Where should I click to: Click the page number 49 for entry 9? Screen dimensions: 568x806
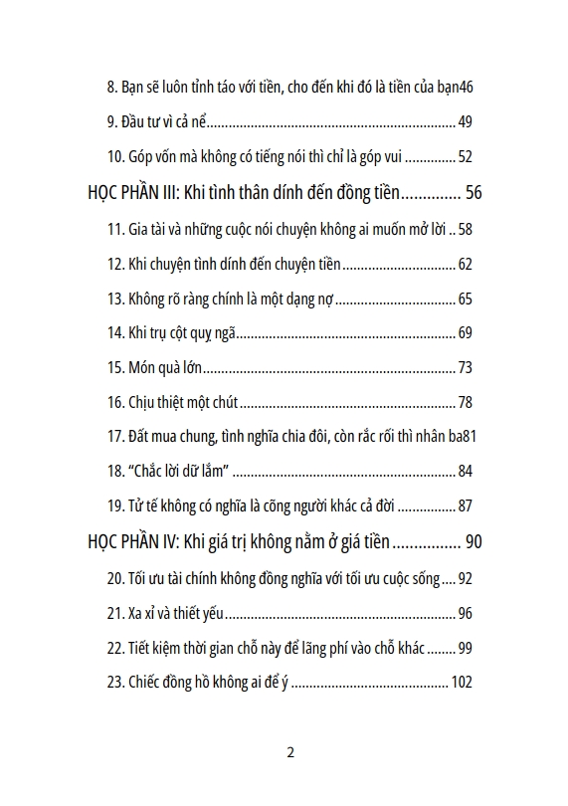[x=465, y=123]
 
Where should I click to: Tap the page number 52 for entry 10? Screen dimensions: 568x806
[x=465, y=157]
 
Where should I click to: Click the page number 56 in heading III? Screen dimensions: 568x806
[x=473, y=192]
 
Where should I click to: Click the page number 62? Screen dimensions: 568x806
[x=465, y=265]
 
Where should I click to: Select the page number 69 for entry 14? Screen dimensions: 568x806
[x=465, y=333]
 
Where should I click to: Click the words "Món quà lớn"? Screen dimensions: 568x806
[x=165, y=368]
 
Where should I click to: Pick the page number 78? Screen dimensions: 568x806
[x=465, y=403]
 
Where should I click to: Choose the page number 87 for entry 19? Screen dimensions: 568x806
[x=465, y=506]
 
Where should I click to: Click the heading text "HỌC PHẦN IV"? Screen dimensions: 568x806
[x=132, y=541]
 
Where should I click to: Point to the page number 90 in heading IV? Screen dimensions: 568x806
[x=473, y=541]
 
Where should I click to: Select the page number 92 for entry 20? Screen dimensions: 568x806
[x=465, y=579]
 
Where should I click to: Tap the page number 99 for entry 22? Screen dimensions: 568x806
[x=465, y=648]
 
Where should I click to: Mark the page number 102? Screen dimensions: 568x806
[x=461, y=683]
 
